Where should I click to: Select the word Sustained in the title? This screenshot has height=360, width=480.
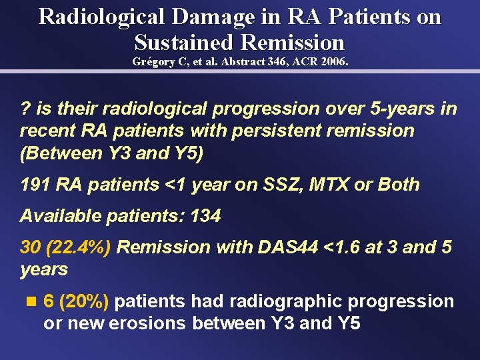pos(184,42)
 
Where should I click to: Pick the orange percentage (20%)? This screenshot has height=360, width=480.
pos(84,302)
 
